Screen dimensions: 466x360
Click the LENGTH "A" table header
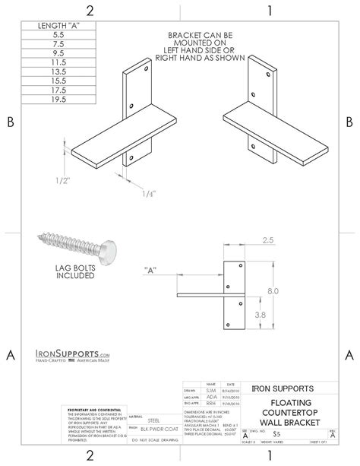55,25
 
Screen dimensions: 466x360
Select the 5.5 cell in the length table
55,35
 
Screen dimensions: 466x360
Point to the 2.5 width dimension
267,239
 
